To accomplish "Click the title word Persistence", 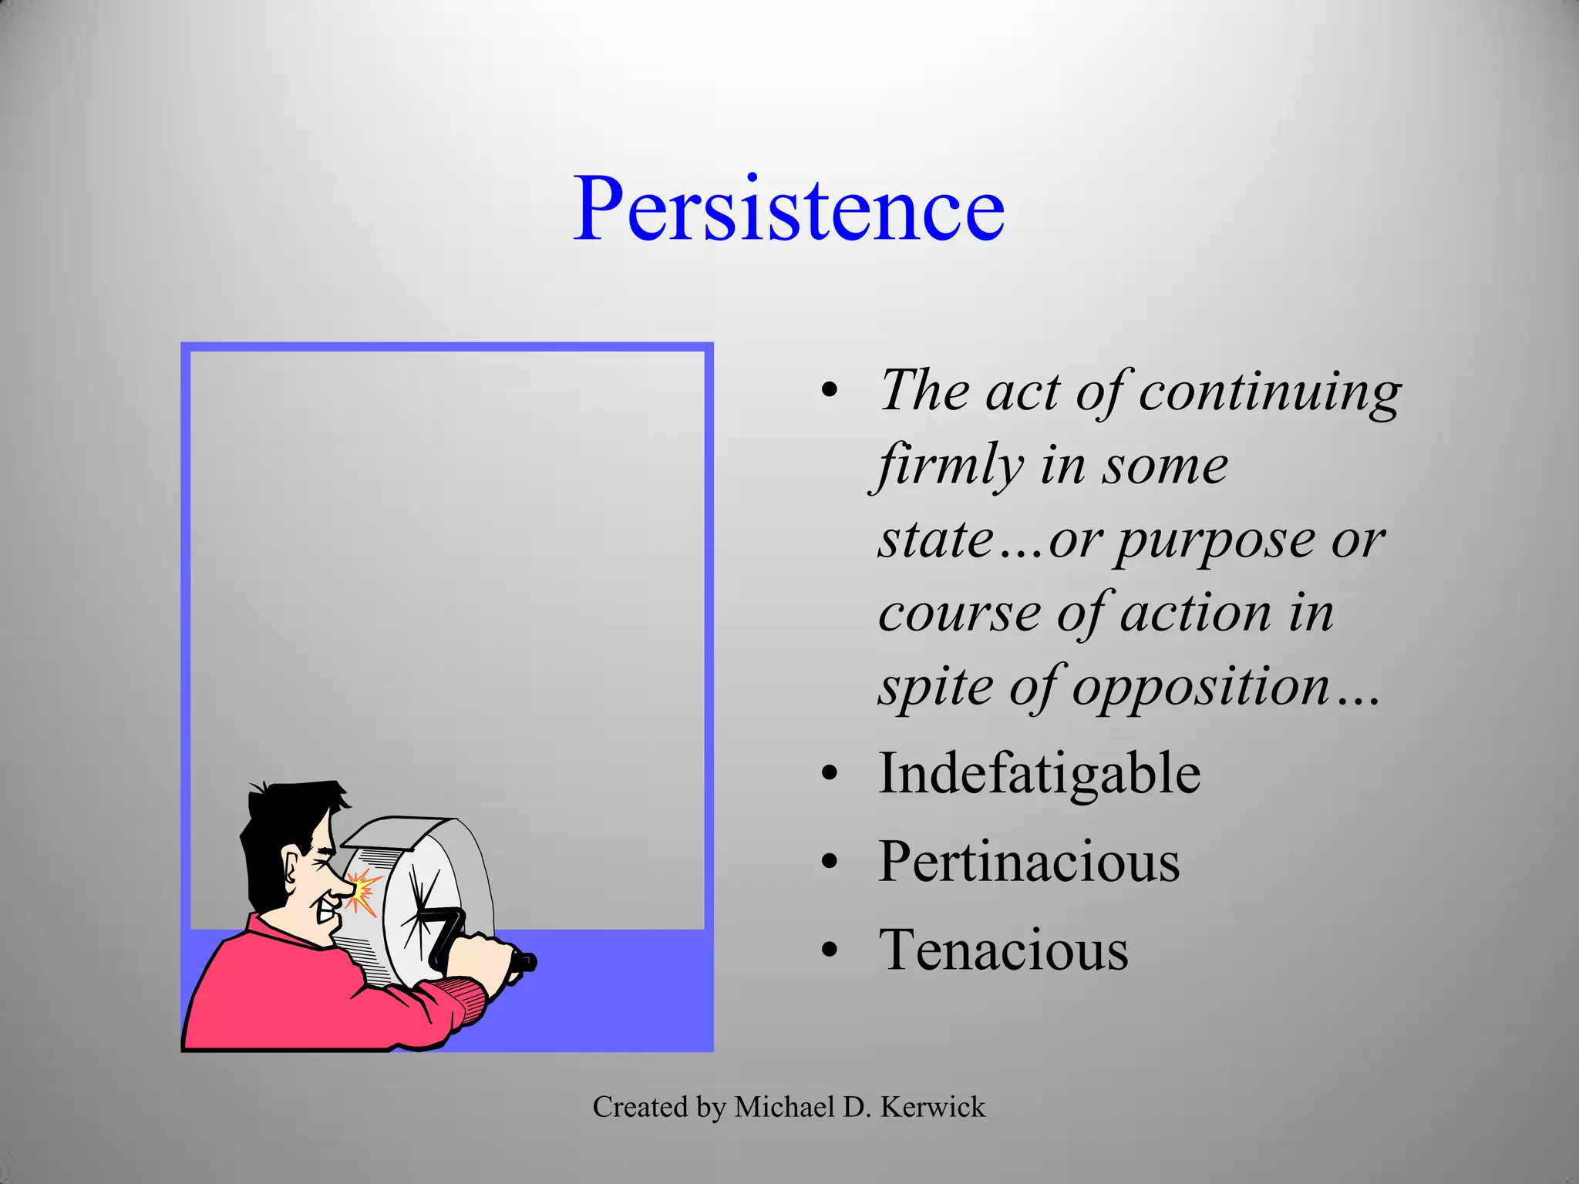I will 788,209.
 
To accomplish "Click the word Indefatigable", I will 1039,773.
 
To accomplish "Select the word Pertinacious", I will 1029,862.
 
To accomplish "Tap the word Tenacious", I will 1003,950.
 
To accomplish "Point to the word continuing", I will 1270,392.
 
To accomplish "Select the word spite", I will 936,686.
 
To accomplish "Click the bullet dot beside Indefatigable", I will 829,773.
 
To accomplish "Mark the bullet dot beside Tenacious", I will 829,950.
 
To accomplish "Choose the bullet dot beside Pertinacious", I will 829,862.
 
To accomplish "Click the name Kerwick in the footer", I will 932,1107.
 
